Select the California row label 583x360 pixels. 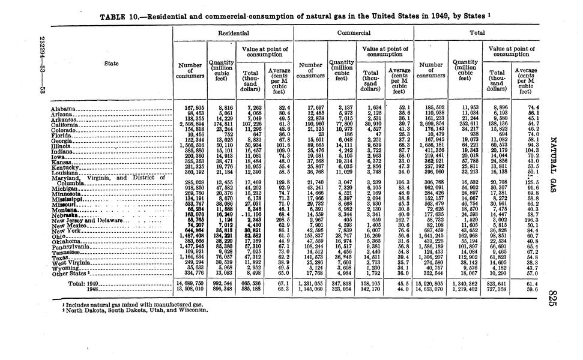point(67,123)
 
